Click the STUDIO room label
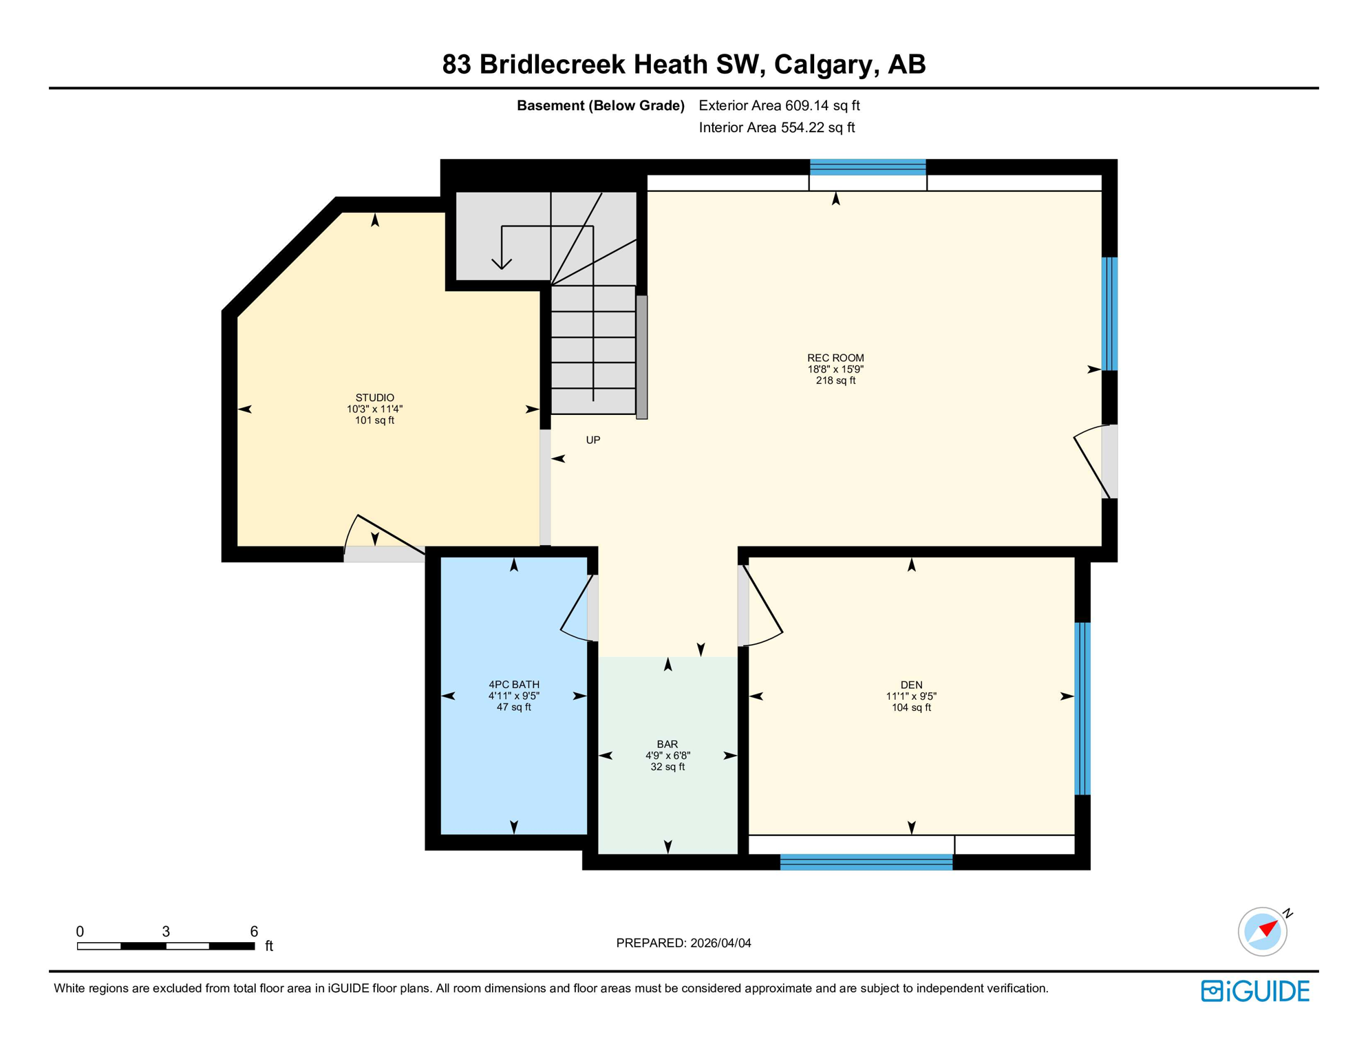point(374,398)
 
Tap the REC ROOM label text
point(835,358)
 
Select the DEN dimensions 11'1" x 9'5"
point(911,696)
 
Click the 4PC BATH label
point(514,685)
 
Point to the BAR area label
point(667,744)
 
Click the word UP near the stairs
point(593,440)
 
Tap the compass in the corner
point(1262,932)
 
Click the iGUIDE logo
point(1255,991)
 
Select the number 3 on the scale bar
point(166,931)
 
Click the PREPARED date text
point(683,943)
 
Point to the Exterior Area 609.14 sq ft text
point(779,105)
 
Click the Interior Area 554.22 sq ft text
point(776,127)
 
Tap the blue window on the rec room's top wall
point(867,167)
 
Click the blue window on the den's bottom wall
point(866,862)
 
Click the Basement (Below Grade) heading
point(600,105)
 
